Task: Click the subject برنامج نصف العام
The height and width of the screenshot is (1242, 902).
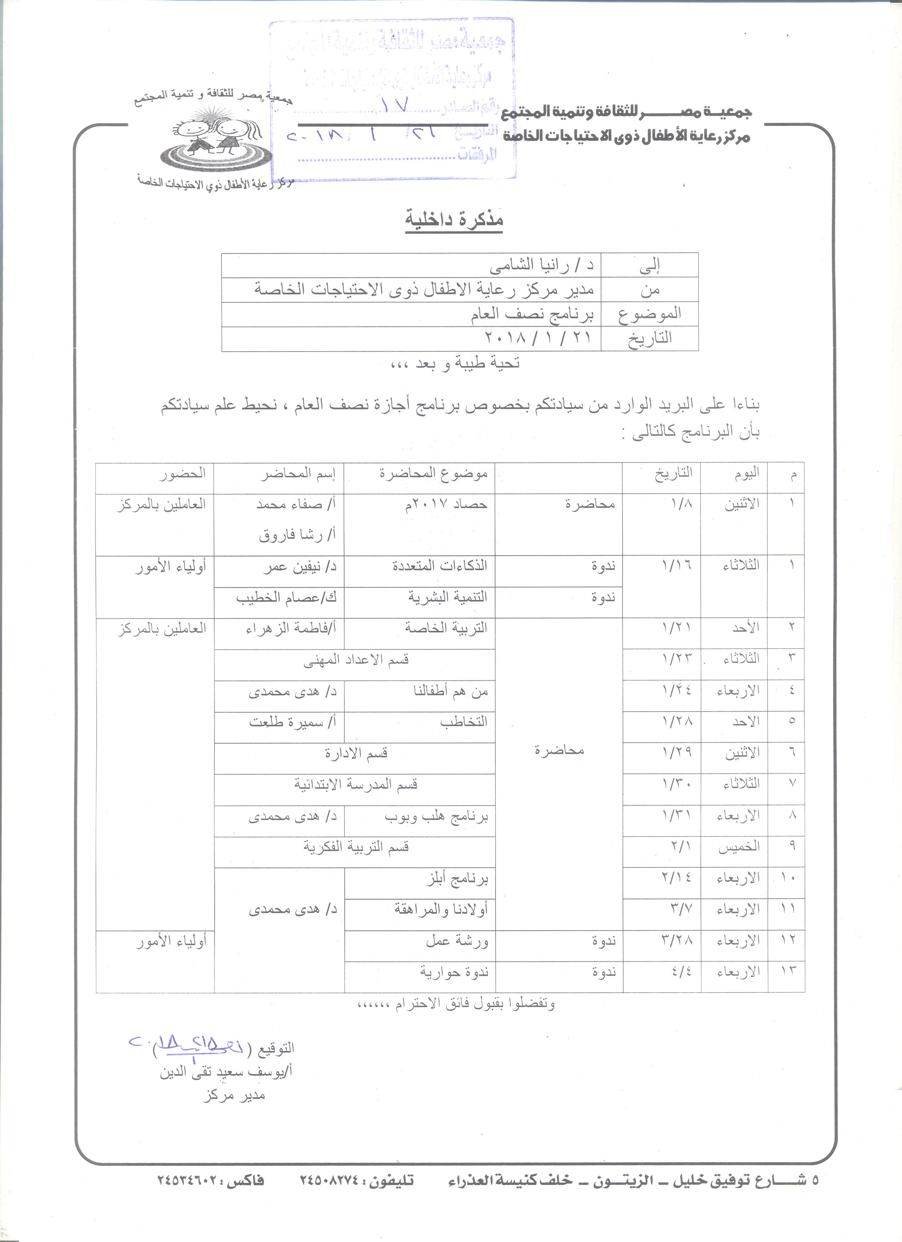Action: (x=534, y=314)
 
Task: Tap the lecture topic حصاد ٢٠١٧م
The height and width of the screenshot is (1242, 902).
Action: (x=446, y=504)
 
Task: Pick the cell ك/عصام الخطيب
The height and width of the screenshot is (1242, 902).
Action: (x=286, y=597)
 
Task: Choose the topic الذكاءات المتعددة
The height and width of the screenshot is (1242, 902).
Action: (x=440, y=566)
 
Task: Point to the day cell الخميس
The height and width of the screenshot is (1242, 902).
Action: (x=739, y=847)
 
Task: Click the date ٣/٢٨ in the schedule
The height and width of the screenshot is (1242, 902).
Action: (x=677, y=941)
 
